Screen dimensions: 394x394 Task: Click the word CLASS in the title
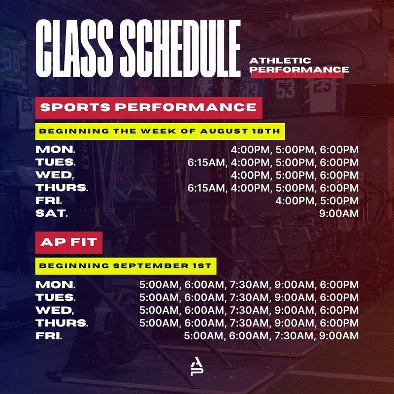(74, 48)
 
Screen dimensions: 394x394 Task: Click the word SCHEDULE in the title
(180, 48)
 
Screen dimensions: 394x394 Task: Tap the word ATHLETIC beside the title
(280, 61)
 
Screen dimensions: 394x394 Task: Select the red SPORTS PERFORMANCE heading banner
(149, 108)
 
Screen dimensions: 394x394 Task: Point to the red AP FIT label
(69, 242)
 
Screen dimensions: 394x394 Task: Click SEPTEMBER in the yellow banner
(151, 266)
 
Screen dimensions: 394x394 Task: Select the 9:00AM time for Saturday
(339, 214)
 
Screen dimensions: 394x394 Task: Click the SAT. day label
(52, 214)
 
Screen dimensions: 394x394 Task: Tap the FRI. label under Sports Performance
(49, 201)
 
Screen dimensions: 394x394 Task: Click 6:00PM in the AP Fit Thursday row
(339, 323)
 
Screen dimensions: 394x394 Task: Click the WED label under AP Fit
(55, 310)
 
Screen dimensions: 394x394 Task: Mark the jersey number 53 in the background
(285, 90)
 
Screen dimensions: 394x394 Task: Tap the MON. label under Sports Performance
(55, 150)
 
